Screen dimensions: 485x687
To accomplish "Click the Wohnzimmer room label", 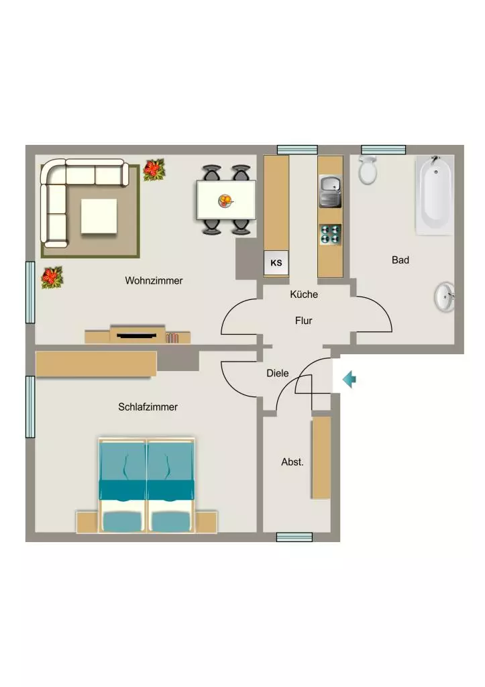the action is pos(154,280).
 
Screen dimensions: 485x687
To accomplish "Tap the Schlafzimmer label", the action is pos(148,407).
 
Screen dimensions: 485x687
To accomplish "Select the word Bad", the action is pos(400,260).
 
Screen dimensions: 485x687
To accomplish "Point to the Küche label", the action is pos(304,295).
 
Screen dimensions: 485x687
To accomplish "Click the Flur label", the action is pos(304,321).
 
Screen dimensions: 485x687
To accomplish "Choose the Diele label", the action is pos(278,373).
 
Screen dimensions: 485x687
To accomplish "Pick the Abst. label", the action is pos(292,462).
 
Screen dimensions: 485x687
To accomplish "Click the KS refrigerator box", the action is pos(276,263).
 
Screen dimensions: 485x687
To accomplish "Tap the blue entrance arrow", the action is pos(349,379).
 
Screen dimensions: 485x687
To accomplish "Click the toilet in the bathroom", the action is pos(368,169).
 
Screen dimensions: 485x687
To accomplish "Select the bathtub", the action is pos(434,195).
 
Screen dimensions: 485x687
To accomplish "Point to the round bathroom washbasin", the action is pos(444,297).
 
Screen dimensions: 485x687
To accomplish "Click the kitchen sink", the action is pos(330,191).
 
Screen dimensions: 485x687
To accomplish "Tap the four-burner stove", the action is pos(330,234).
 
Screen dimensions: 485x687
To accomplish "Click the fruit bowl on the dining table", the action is pos(225,201).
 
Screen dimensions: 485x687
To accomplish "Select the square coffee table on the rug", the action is pos(99,216).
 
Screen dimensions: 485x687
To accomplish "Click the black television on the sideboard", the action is pos(136,335).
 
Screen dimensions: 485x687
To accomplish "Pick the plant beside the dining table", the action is pos(154,170).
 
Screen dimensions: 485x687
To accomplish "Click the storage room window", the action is pos(294,537).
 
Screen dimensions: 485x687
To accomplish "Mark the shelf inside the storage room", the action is pos(321,458).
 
